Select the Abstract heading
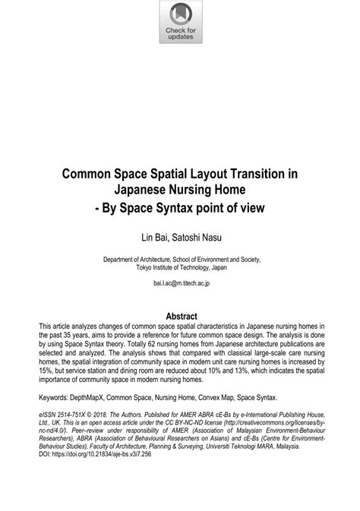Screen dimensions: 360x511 pos(180,316)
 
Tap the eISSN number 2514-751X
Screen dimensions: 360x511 pos(74,415)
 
